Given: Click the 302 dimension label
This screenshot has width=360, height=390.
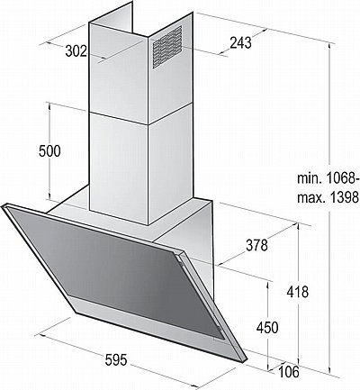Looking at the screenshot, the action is tap(76, 51).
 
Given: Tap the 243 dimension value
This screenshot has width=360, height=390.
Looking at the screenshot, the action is tap(240, 43).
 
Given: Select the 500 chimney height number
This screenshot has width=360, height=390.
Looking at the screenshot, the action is tap(49, 151).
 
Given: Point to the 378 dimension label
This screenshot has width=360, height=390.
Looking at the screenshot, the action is tap(256, 245).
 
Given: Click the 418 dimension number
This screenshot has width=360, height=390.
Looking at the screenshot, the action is tap(297, 292).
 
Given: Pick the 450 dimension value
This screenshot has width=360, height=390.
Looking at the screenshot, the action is tap(267, 328).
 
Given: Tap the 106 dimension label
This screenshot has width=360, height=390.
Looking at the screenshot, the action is tap(289, 372).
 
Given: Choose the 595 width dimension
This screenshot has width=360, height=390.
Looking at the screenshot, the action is tap(116, 360).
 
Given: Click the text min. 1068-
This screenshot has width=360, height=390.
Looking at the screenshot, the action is tap(328, 178).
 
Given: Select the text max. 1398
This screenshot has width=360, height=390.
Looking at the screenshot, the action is tap(328, 197).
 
